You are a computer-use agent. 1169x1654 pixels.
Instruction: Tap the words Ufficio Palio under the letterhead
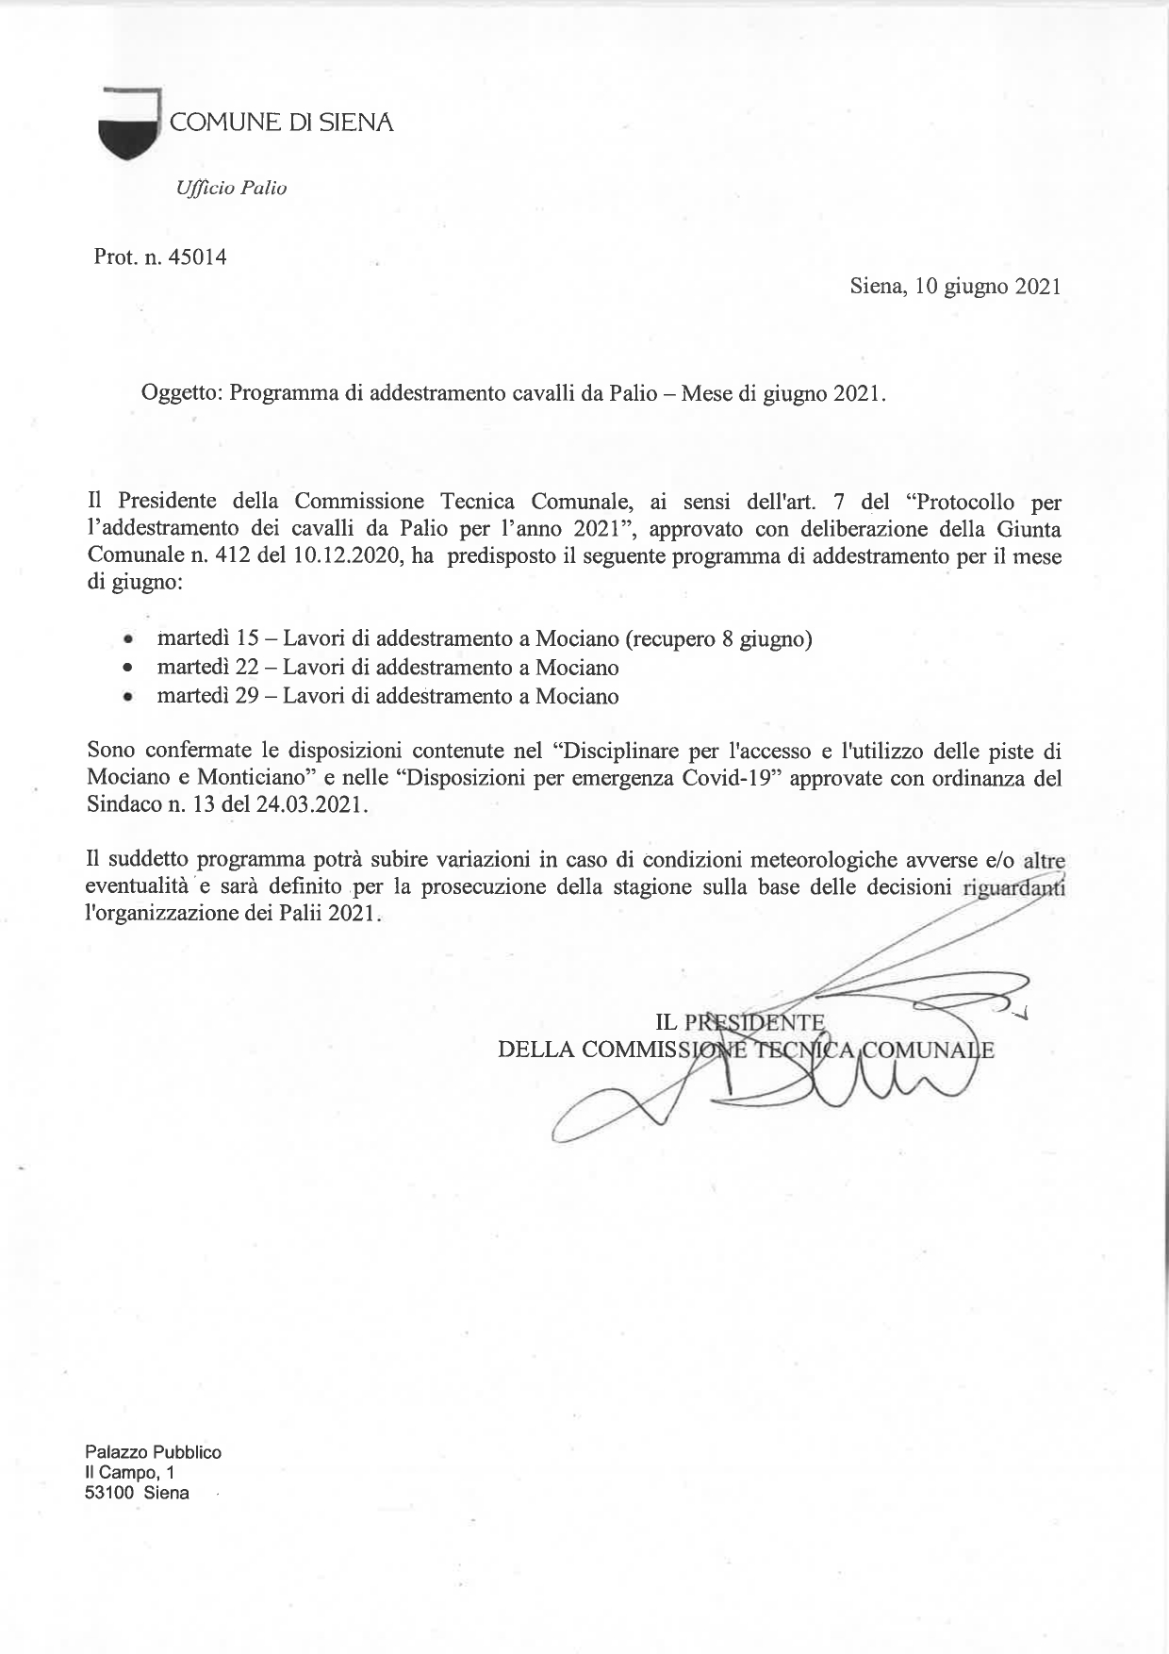(231, 188)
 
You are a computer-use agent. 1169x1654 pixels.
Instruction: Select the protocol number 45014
(198, 256)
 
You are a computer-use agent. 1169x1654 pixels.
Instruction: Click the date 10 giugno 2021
(987, 287)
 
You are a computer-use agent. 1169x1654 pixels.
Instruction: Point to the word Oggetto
(180, 393)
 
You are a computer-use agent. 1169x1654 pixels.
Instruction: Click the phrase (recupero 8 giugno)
(717, 639)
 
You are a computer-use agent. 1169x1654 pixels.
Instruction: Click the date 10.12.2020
(347, 556)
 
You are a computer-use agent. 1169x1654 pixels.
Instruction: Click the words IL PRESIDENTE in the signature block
(740, 1022)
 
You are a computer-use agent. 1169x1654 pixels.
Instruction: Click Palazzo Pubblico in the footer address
(153, 1452)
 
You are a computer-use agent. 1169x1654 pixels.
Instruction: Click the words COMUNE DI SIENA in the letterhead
(281, 123)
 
